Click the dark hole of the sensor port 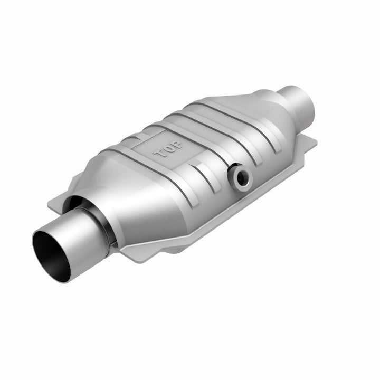242,178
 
